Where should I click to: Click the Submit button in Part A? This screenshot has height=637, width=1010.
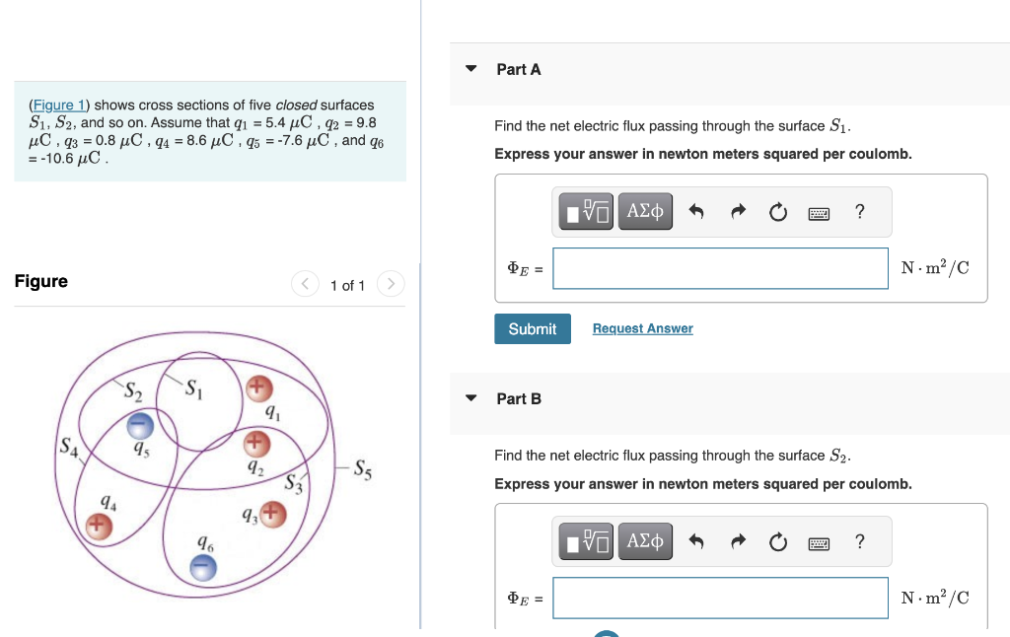(x=533, y=328)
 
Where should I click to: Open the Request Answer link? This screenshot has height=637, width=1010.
(x=642, y=328)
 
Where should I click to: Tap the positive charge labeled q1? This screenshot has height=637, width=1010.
(x=258, y=387)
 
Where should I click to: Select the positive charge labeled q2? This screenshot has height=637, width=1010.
(x=256, y=440)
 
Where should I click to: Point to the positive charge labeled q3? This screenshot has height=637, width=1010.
(x=273, y=513)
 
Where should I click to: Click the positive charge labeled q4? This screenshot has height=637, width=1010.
(x=98, y=527)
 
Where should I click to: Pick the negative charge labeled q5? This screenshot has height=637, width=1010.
(x=141, y=425)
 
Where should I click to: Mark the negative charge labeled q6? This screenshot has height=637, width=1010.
(x=202, y=567)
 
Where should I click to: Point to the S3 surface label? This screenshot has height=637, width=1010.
(x=293, y=483)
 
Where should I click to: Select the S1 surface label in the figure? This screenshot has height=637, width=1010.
(x=194, y=388)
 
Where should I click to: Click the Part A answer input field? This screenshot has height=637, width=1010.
(x=720, y=268)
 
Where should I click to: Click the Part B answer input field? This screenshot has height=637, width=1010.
(x=720, y=598)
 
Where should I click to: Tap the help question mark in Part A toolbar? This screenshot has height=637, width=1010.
(x=860, y=211)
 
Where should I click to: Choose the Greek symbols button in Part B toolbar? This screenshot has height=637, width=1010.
(x=645, y=540)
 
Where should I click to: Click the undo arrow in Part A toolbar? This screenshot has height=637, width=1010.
(x=696, y=211)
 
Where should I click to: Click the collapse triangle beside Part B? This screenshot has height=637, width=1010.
(x=471, y=398)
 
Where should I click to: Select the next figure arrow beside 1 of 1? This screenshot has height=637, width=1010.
(x=392, y=285)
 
